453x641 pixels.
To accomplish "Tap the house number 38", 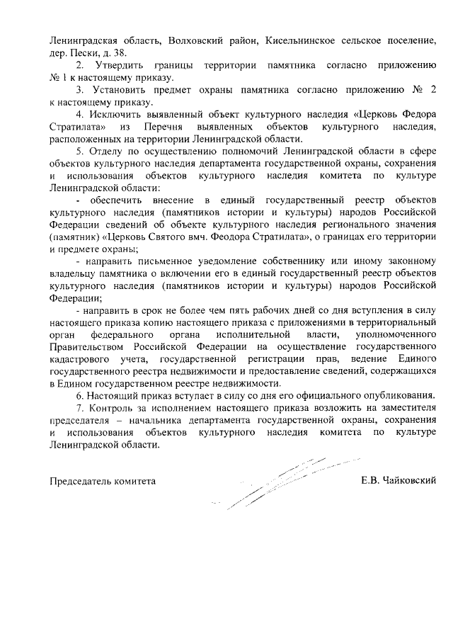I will click(x=120, y=53).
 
